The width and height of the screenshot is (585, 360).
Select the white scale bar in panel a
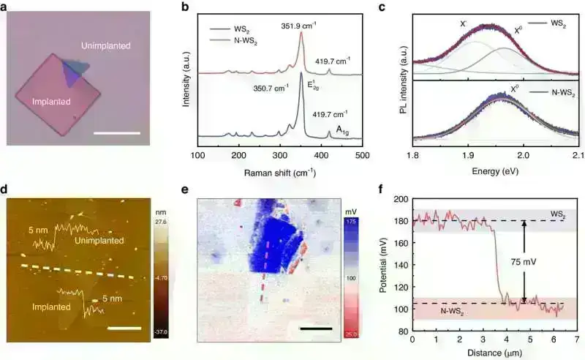point(116,133)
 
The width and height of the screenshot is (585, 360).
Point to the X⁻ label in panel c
point(464,23)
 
